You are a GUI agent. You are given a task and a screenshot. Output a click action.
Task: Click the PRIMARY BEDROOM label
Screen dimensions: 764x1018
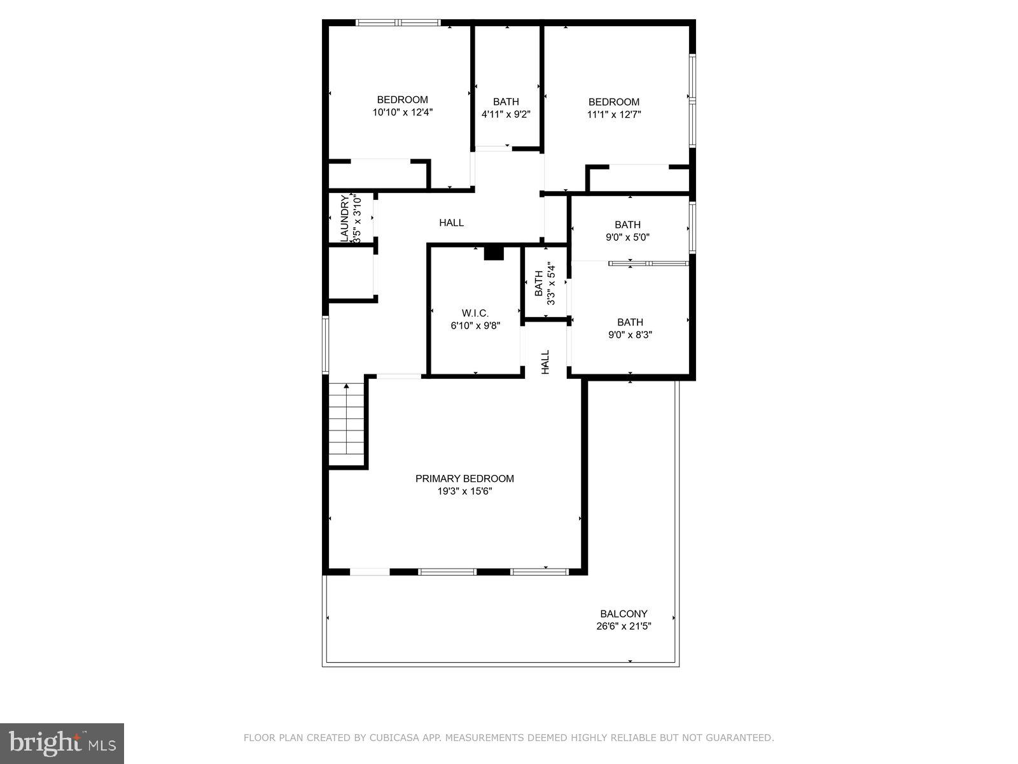click(464, 479)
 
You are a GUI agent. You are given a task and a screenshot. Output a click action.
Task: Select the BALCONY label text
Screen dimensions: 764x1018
click(624, 614)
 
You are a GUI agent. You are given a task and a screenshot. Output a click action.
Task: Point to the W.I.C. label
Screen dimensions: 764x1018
click(475, 313)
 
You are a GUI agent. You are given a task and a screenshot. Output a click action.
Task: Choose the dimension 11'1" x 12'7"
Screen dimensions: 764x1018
click(613, 115)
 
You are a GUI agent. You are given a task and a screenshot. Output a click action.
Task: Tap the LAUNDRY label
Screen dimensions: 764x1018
click(344, 218)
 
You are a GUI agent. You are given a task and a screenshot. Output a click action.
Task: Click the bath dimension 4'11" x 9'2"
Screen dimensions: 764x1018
click(506, 115)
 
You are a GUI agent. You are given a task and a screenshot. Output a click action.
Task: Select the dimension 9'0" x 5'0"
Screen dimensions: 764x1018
click(627, 237)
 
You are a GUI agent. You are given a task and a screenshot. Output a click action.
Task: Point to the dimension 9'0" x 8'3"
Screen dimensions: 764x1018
click(630, 335)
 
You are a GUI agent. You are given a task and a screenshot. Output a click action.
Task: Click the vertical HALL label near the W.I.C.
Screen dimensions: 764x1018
click(545, 362)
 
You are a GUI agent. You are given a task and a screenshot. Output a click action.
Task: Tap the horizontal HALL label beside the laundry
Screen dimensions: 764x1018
click(451, 223)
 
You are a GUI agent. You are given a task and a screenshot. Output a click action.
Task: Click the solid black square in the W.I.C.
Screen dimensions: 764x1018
click(494, 253)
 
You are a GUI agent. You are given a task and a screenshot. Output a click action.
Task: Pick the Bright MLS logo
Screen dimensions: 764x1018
click(62, 743)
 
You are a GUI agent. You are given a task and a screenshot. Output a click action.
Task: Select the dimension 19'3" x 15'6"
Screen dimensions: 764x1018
click(464, 492)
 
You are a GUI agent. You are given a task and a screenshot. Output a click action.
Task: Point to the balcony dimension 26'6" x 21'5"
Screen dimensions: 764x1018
click(624, 626)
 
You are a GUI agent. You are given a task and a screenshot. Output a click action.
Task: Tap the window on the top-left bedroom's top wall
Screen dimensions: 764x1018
click(398, 23)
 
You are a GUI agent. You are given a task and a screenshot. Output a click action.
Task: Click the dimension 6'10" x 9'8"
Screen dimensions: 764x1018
click(475, 326)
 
